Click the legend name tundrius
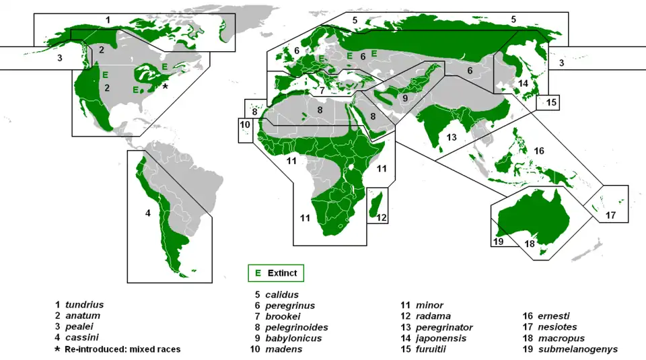(84, 305)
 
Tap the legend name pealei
(80, 328)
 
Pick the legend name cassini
(81, 338)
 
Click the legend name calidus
(282, 294)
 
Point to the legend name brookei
(282, 316)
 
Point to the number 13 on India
(452, 137)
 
